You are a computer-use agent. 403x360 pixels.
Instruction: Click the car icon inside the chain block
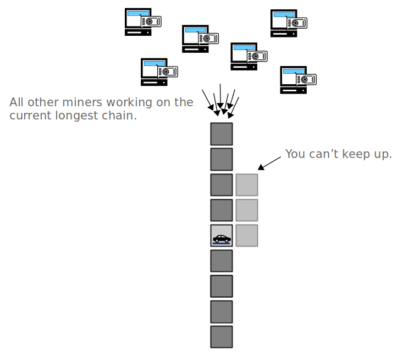click(x=222, y=238)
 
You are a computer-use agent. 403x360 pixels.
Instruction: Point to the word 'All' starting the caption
click(x=18, y=102)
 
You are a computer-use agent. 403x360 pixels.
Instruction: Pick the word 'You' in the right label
click(x=295, y=154)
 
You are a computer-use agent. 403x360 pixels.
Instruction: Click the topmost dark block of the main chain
click(x=222, y=134)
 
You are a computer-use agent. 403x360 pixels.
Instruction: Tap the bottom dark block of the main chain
click(x=222, y=336)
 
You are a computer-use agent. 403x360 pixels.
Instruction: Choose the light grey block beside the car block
click(x=247, y=235)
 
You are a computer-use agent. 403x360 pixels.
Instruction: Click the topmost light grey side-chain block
click(x=247, y=185)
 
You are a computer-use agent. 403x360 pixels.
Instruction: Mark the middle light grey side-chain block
click(x=247, y=210)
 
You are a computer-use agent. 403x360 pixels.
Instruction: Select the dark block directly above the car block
click(x=222, y=210)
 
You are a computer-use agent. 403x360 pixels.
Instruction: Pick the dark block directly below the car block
click(x=222, y=260)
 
